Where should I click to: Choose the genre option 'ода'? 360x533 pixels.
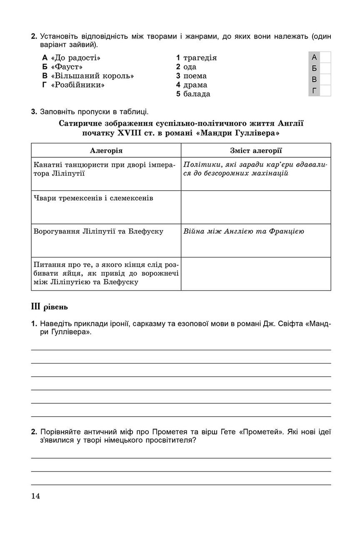pyautogui.click(x=190, y=67)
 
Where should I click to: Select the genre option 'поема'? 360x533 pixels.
pyautogui.click(x=195, y=76)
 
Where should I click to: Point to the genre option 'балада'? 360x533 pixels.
pyautogui.click(x=197, y=94)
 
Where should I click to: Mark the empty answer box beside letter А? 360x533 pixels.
pyautogui.click(x=325, y=57)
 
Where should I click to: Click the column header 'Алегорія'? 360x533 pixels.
pyautogui.click(x=106, y=150)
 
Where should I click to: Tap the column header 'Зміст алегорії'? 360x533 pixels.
pyautogui.click(x=256, y=150)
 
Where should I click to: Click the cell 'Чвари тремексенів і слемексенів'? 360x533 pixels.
pyautogui.click(x=93, y=198)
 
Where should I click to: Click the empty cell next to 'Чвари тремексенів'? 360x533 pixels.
pyautogui.click(x=256, y=207)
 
